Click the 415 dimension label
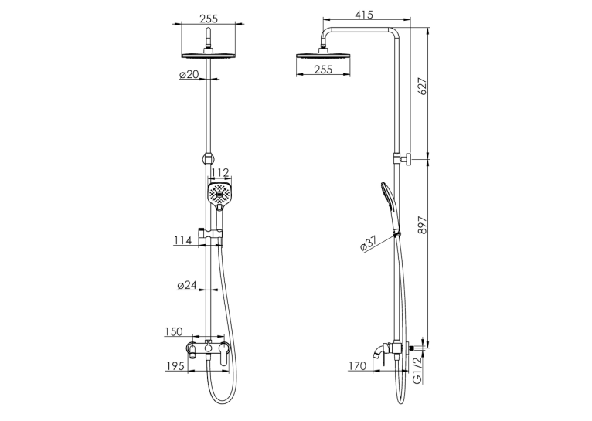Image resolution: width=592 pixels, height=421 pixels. [364, 15]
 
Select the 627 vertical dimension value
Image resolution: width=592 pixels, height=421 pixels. [423, 86]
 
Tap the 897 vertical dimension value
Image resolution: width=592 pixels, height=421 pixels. [423, 226]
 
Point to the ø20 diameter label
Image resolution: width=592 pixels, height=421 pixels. [189, 75]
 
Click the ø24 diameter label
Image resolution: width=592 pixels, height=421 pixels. [187, 285]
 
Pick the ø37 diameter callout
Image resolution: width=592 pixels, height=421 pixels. [369, 243]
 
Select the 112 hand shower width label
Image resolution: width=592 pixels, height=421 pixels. [220, 173]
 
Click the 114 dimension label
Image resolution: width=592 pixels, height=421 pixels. [183, 240]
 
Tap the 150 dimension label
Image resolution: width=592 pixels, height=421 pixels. [174, 331]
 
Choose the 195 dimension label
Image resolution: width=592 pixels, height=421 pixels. [175, 366]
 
